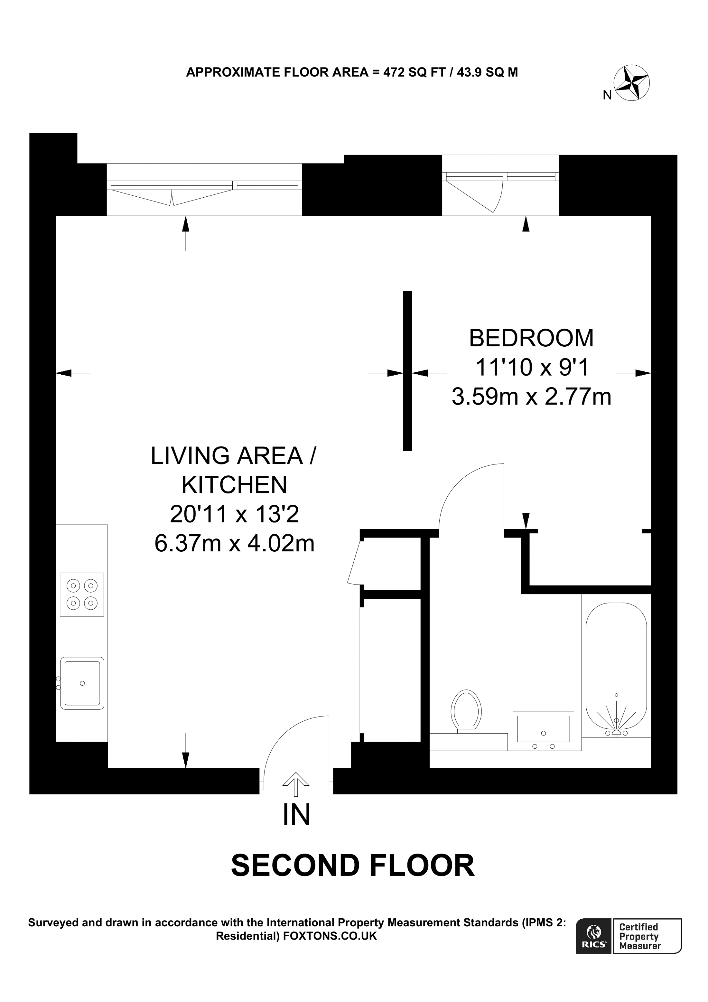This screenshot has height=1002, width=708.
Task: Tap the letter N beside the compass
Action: coord(607,95)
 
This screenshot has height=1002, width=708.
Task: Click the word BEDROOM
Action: coord(531,338)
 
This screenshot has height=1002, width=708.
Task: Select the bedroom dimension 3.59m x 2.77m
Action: coord(531,397)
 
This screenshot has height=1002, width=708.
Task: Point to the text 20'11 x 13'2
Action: coord(234,514)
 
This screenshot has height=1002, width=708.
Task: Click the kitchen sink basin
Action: coord(82,683)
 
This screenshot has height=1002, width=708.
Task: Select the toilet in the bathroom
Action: coord(466,710)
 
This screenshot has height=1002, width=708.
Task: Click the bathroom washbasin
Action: coord(543,730)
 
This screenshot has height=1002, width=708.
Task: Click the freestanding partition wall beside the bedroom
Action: coord(407,371)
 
